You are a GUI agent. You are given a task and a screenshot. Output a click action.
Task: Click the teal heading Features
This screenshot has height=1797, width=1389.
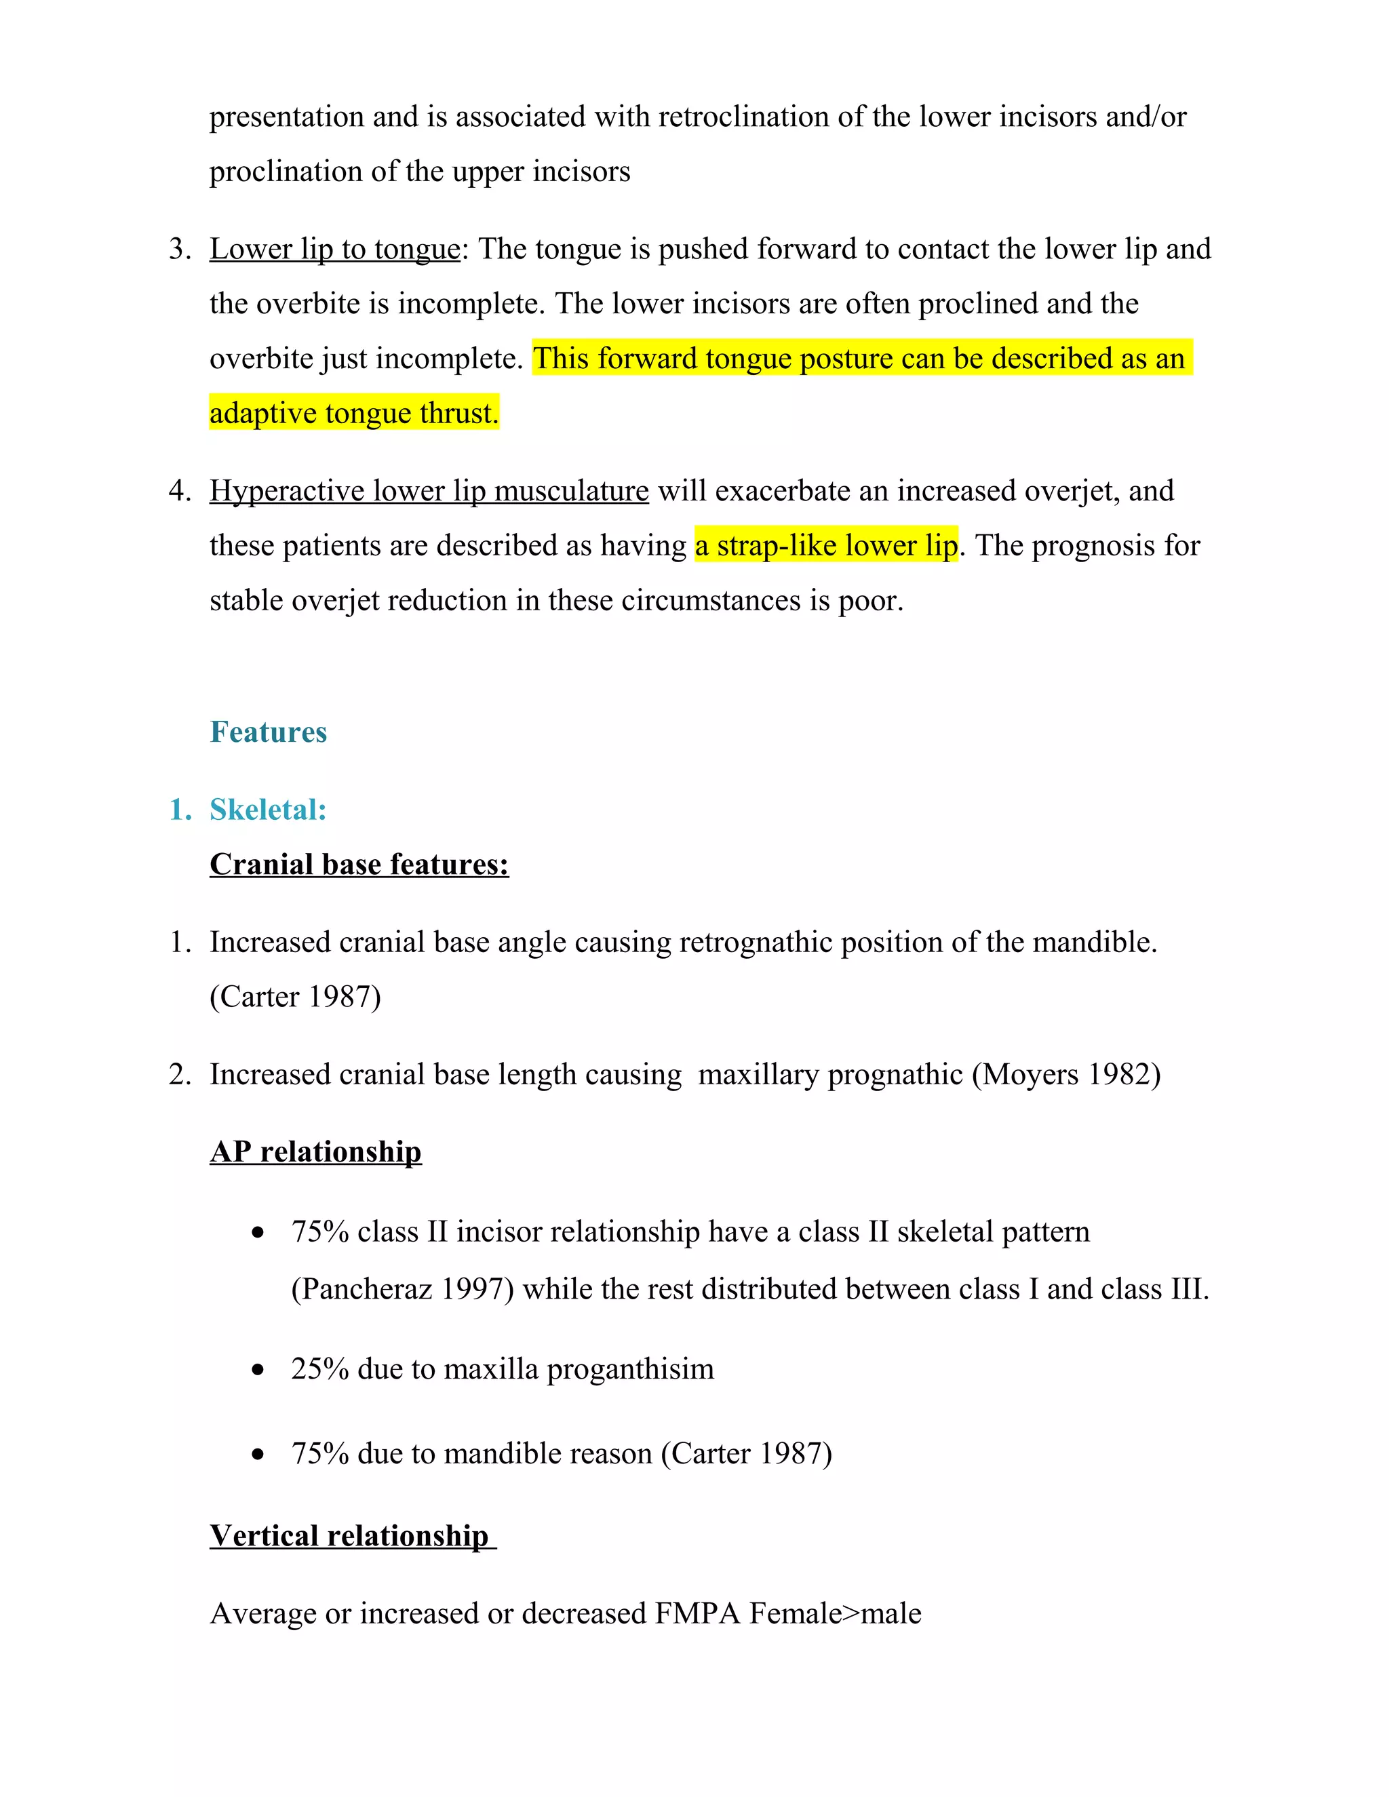[269, 732]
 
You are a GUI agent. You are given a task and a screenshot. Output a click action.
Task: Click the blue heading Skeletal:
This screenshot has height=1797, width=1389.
[269, 810]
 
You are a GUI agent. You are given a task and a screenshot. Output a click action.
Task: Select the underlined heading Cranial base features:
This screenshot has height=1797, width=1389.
[359, 864]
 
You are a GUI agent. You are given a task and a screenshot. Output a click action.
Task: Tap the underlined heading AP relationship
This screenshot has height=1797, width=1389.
[315, 1151]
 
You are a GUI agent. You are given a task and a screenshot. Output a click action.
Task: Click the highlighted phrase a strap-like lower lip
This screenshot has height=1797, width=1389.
[826, 545]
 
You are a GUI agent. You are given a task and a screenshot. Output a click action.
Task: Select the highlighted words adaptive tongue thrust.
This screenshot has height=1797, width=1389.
[354, 413]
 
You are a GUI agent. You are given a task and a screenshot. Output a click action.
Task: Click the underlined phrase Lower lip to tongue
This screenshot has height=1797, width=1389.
[335, 248]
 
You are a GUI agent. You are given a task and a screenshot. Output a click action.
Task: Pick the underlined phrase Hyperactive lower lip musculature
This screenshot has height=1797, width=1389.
[429, 490]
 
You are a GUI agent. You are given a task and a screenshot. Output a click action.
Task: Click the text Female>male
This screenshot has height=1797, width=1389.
[835, 1613]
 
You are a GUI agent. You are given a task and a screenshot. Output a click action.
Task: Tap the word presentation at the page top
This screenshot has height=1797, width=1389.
[286, 117]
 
